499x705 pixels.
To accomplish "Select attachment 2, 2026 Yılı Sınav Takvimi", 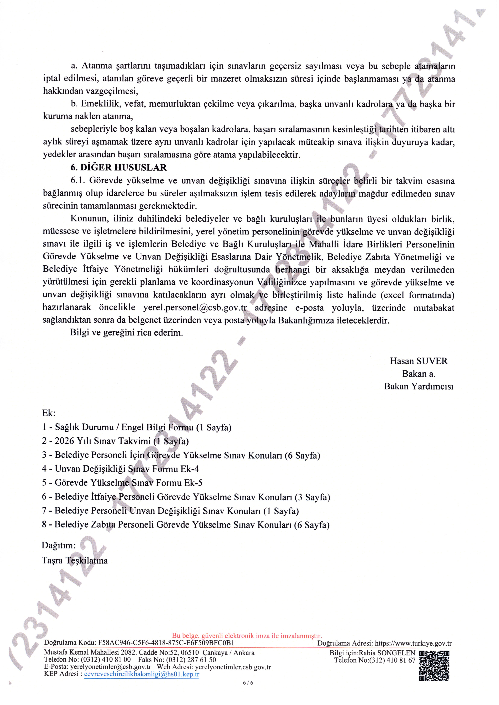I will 115,441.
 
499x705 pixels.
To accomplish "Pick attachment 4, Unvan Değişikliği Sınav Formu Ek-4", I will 120,469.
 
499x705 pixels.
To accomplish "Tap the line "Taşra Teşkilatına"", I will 75,561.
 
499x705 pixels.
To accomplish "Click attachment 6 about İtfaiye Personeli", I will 186,497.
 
